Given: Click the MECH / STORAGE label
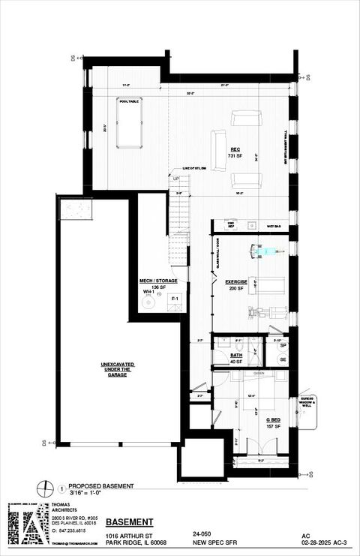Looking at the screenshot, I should (x=158, y=281).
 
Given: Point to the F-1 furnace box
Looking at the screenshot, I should (x=174, y=300).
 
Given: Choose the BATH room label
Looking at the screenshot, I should (x=236, y=355).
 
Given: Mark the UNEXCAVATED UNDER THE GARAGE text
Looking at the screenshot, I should (x=117, y=369).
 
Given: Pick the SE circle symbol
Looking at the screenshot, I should (x=283, y=360).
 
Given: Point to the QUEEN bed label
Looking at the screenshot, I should (x=258, y=373).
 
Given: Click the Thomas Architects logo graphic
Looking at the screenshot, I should (x=28, y=524).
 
